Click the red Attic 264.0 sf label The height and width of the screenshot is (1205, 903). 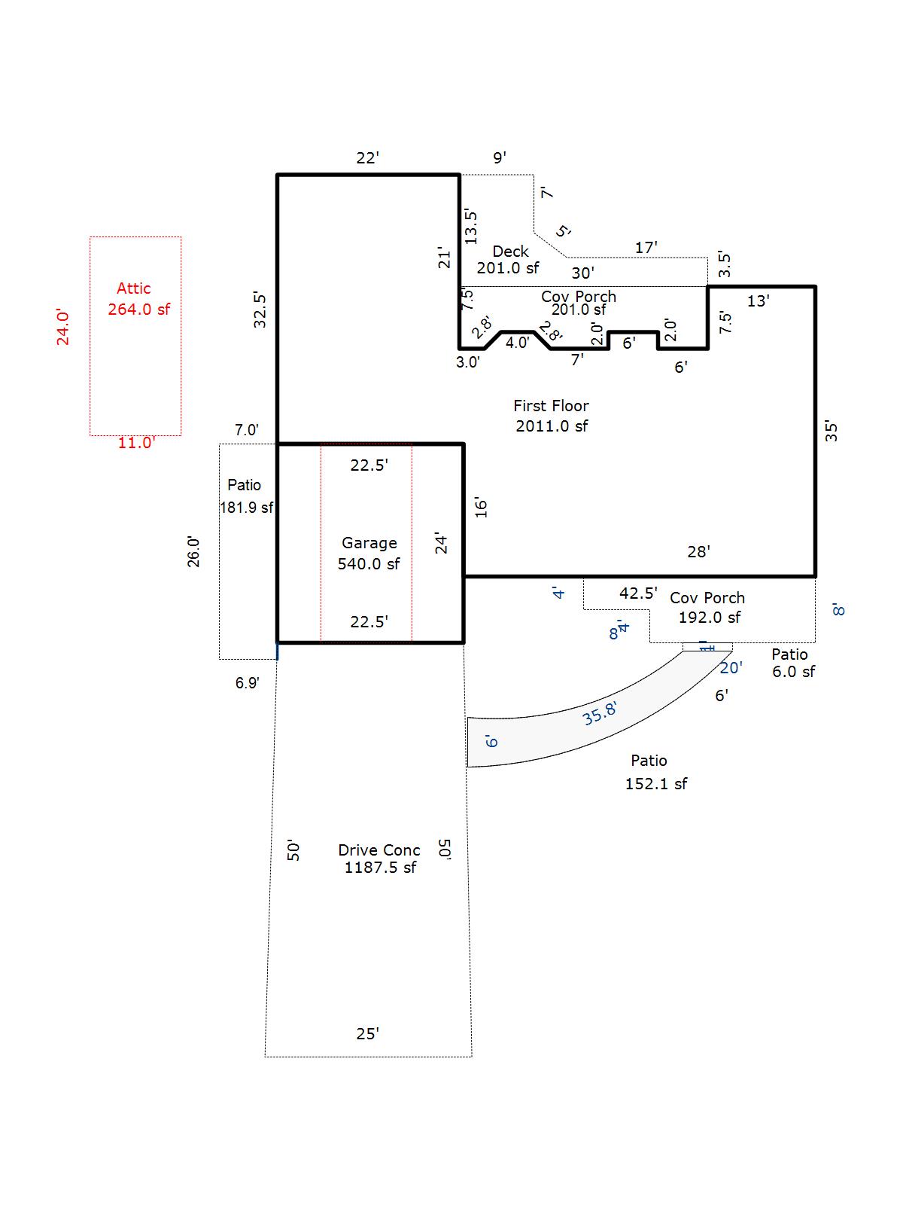tap(138, 299)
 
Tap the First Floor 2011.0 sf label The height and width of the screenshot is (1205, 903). tap(552, 416)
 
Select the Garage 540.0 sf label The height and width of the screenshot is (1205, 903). tap(369, 554)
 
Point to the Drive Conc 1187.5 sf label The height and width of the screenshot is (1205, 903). tap(379, 859)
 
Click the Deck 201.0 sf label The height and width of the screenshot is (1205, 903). tap(509, 259)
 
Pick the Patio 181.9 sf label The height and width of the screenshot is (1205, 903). tap(245, 496)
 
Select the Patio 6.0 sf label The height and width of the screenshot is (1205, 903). tap(792, 663)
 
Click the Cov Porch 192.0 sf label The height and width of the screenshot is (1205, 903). tap(708, 608)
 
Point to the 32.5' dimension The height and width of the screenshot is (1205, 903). tap(260, 309)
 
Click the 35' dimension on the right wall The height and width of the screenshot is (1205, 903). tap(831, 431)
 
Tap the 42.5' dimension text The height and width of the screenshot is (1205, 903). tap(638, 593)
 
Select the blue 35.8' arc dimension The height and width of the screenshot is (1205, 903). tap(600, 712)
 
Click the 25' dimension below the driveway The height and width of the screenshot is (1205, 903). tap(367, 1034)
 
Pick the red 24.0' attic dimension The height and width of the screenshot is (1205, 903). tap(63, 328)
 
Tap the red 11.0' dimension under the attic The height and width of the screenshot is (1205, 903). tap(136, 443)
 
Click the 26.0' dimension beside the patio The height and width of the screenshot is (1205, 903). tap(194, 551)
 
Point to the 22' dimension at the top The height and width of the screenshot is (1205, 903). tap(368, 157)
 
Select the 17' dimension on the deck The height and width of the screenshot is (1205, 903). tap(646, 247)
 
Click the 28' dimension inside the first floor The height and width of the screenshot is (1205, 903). tap(698, 552)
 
